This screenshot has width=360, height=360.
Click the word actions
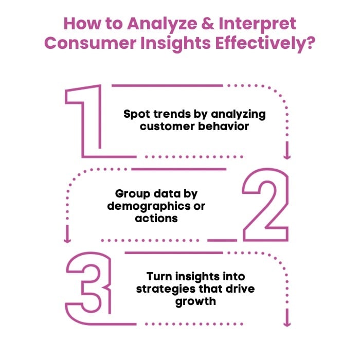click(x=156, y=218)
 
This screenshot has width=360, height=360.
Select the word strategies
click(x=160, y=289)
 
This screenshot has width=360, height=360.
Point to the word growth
click(x=195, y=301)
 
